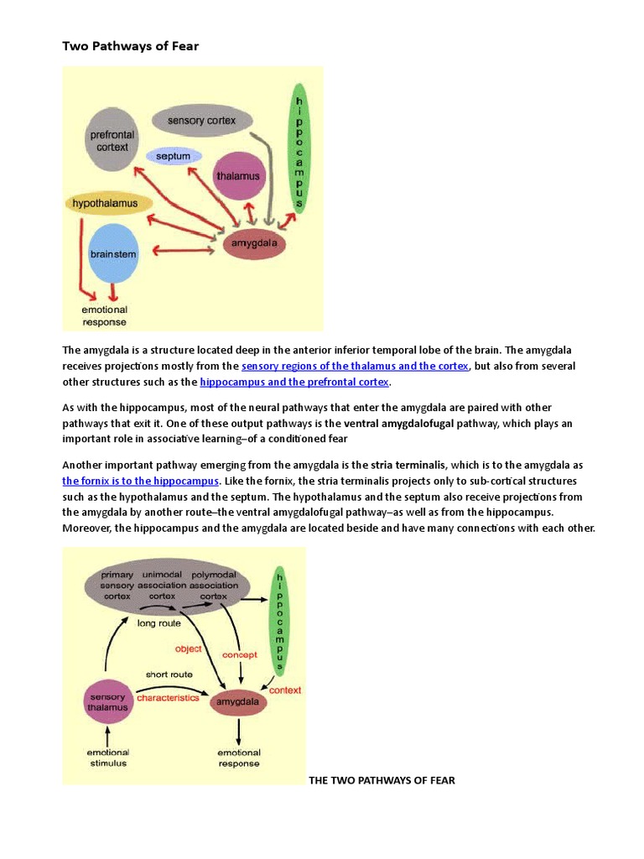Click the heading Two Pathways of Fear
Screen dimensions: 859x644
pyautogui.click(x=130, y=46)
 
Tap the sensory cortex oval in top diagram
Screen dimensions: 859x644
pyautogui.click(x=201, y=121)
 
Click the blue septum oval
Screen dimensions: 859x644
pyautogui.click(x=174, y=156)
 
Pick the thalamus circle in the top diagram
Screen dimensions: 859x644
pyautogui.click(x=239, y=176)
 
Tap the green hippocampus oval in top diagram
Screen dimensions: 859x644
pyautogui.click(x=298, y=148)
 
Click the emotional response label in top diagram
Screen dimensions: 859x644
pyautogui.click(x=104, y=315)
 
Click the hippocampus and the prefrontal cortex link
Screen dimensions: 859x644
pyautogui.click(x=294, y=382)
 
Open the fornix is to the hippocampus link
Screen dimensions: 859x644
pyautogui.click(x=141, y=481)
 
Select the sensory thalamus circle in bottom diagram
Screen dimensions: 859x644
pyautogui.click(x=107, y=702)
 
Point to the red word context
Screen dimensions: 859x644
pyautogui.click(x=284, y=690)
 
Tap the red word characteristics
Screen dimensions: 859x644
pyautogui.click(x=168, y=697)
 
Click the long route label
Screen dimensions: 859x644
pyautogui.click(x=158, y=622)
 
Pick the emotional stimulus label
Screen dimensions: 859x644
pyautogui.click(x=107, y=757)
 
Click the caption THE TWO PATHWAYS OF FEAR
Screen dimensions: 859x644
pyautogui.click(x=382, y=780)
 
